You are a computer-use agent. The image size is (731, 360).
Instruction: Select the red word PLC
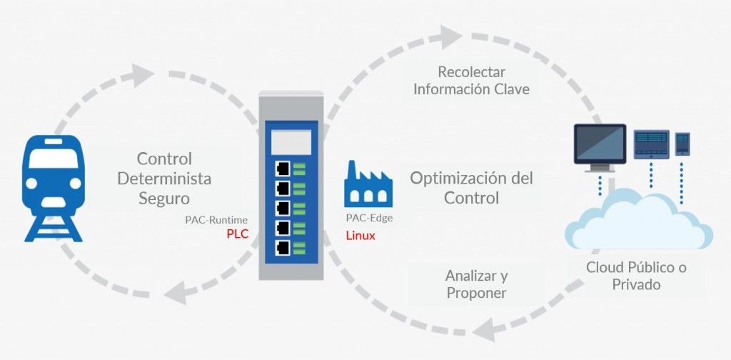coord(237,235)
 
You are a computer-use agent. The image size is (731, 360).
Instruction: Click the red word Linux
coord(361,235)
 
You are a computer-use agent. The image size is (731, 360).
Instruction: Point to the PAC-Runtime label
coord(216,221)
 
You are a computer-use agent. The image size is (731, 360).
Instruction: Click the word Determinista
coord(165,178)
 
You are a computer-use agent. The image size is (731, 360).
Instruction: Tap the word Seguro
coord(165,197)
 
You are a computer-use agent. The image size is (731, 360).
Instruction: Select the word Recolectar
coord(472,72)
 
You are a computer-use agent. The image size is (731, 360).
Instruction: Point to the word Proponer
coord(476,293)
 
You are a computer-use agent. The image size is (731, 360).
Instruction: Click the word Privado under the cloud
coord(636,284)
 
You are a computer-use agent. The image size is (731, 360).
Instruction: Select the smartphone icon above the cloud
coord(682,144)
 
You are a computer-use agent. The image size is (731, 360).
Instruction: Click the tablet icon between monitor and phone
coord(651,145)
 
